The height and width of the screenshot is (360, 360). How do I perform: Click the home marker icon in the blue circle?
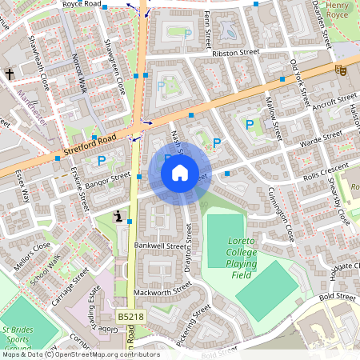(x=180, y=173)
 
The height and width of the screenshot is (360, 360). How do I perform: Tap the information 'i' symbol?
(x=118, y=215)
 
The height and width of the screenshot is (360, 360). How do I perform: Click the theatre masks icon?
(x=340, y=70)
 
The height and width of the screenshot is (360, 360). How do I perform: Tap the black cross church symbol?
(x=9, y=74)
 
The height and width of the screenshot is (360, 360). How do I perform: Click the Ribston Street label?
(x=237, y=53)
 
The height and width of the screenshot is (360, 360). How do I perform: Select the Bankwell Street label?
(x=160, y=245)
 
